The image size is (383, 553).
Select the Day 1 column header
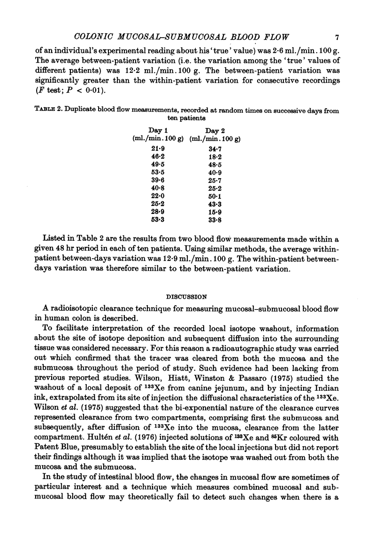pos(155,130)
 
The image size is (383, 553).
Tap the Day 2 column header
pos(214,130)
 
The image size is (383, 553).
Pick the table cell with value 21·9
pos(152,148)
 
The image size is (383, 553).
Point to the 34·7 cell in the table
pos(215,148)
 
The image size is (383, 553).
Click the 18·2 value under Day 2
pos(215,157)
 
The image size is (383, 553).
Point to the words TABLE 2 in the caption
pos(51,111)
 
